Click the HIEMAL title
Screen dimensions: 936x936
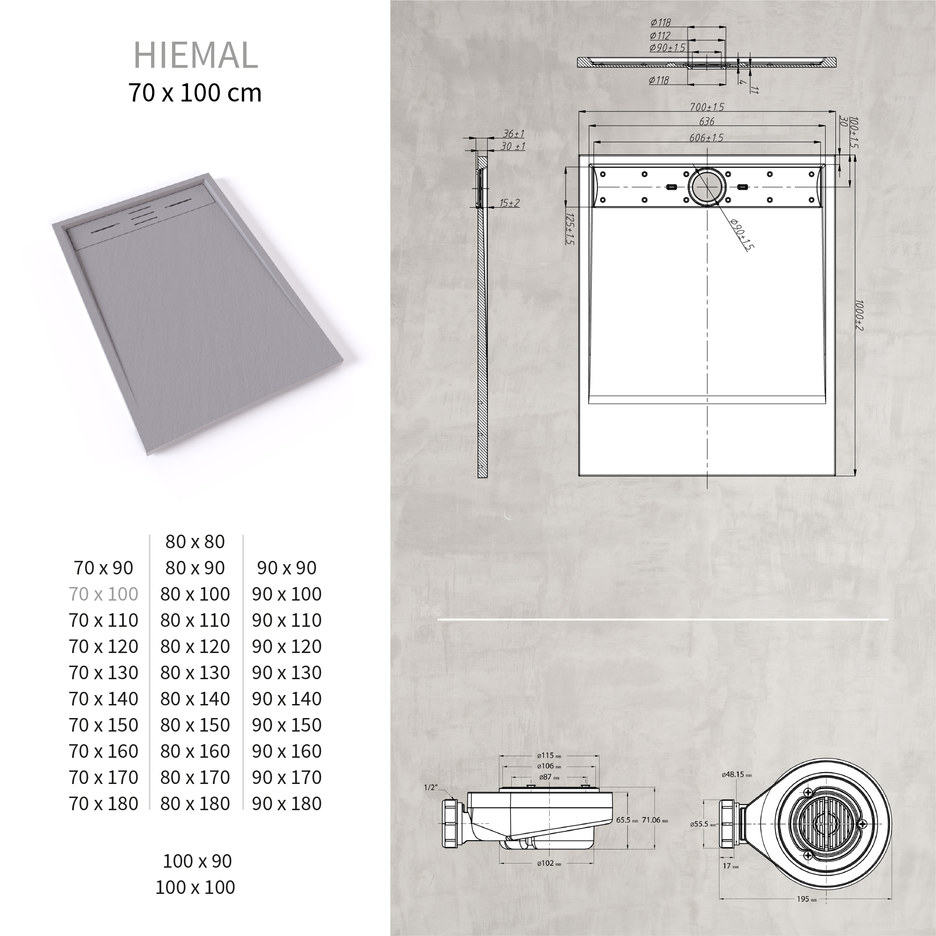coord(195,55)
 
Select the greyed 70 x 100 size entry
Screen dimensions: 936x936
coord(104,594)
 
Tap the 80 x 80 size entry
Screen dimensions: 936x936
coord(195,542)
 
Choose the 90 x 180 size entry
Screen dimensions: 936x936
coord(286,803)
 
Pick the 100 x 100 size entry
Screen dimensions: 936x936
coord(195,887)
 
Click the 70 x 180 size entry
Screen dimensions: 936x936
coord(104,803)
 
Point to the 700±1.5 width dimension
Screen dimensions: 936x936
coord(707,107)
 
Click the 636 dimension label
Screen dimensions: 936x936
coord(707,121)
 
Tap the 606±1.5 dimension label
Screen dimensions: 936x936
coord(706,138)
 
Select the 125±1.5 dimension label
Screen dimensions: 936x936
coord(570,229)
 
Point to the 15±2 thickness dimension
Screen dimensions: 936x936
coord(509,203)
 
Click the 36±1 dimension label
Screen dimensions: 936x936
coord(513,133)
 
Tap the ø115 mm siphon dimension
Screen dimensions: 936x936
coord(548,755)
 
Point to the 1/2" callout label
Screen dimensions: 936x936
coord(430,787)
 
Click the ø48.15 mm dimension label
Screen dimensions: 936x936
coord(736,775)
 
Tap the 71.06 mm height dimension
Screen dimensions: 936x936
coord(654,820)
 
